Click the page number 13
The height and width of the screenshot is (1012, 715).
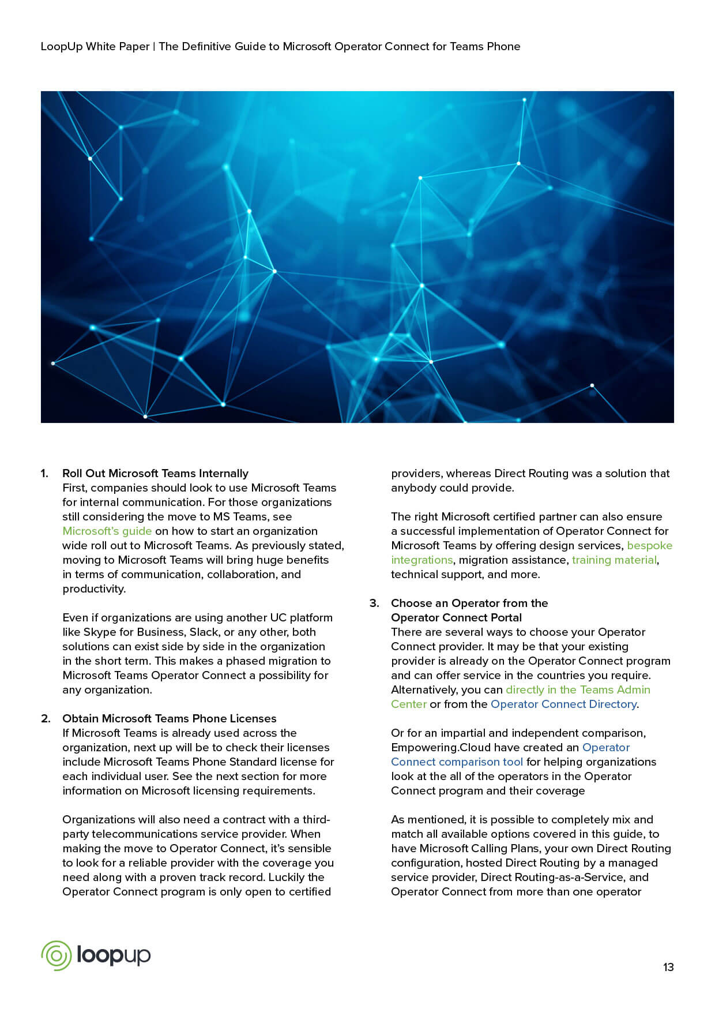pyautogui.click(x=668, y=967)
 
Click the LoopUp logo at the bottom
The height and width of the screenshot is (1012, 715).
pyautogui.click(x=96, y=955)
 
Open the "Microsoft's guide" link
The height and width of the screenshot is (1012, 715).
pyautogui.click(x=107, y=531)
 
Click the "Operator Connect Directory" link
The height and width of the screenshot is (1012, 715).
pyautogui.click(x=563, y=704)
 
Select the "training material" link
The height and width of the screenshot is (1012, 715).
pyautogui.click(x=614, y=560)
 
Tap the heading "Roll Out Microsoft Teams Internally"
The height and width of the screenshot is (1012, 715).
pyautogui.click(x=155, y=473)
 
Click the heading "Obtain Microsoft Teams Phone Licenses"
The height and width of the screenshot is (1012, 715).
pyautogui.click(x=169, y=718)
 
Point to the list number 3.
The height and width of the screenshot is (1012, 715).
pyautogui.click(x=374, y=603)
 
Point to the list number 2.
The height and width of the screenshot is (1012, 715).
pyautogui.click(x=46, y=718)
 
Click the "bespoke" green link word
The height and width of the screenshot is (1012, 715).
pyautogui.click(x=649, y=545)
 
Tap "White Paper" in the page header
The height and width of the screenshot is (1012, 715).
pyautogui.click(x=118, y=46)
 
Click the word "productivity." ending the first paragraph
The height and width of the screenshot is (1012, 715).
pyautogui.click(x=93, y=589)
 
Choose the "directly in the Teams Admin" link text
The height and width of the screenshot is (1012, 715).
pyautogui.click(x=578, y=689)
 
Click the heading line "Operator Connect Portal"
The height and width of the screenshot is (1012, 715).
pyautogui.click(x=456, y=617)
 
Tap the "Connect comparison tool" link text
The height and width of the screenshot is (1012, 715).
pyautogui.click(x=457, y=762)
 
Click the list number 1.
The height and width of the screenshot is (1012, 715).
pyautogui.click(x=44, y=473)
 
